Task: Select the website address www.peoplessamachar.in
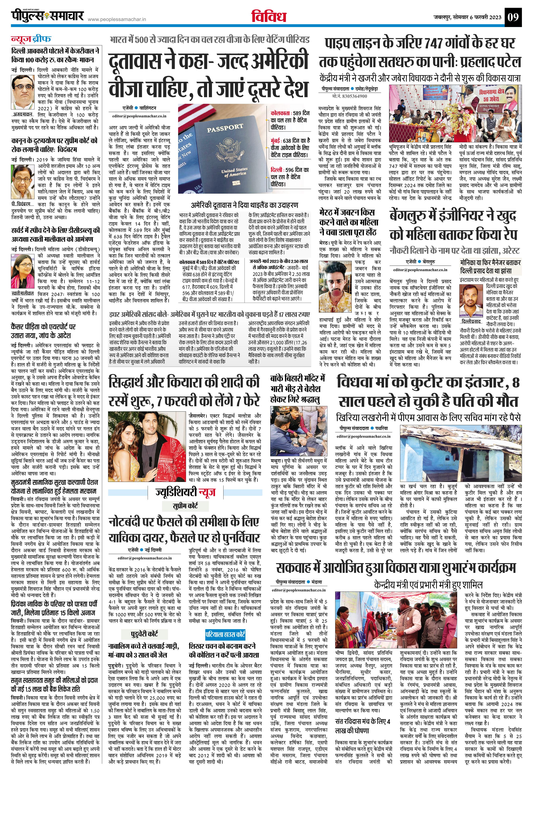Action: pyautogui.click(x=117, y=19)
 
